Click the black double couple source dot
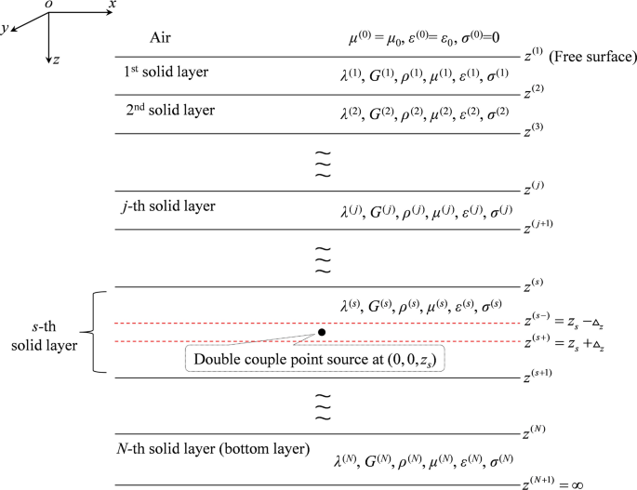click(321, 332)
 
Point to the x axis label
click(113, 6)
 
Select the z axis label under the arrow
click(58, 59)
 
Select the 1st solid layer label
click(166, 72)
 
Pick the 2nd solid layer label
click(168, 110)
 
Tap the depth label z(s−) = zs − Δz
click(573, 322)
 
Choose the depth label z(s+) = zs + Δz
click(573, 344)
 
